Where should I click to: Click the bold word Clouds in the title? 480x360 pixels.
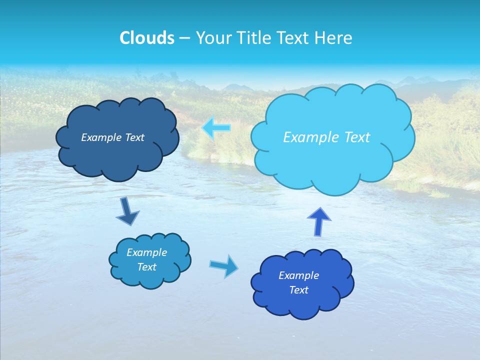click(x=147, y=38)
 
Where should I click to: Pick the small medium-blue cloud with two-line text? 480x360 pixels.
click(x=149, y=260)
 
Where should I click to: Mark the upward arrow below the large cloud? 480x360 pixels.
click(x=318, y=221)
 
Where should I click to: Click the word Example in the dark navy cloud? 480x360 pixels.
click(x=100, y=137)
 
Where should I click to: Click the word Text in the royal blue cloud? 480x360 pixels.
click(x=298, y=290)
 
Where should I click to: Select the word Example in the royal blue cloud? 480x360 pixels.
click(x=298, y=275)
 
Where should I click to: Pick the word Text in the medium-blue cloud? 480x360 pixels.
click(x=146, y=267)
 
